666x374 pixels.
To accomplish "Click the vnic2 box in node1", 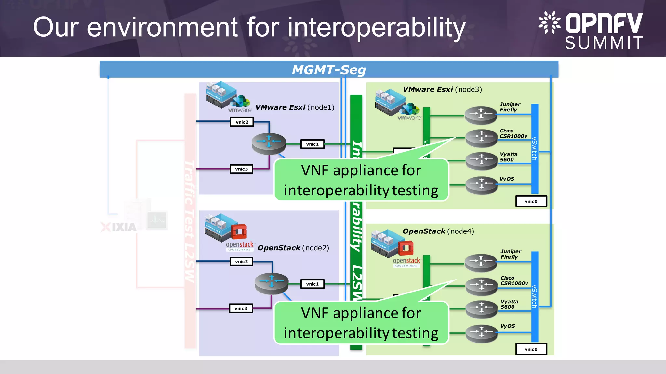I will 242,122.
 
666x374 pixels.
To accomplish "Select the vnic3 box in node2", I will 241,308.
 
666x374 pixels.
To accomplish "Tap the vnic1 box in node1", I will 312,144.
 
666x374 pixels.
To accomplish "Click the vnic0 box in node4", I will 531,349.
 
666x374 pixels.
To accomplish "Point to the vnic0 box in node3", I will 531,201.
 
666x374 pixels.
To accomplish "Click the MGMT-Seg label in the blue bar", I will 329,70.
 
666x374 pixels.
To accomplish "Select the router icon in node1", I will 269,143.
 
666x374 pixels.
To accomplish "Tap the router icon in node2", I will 272,283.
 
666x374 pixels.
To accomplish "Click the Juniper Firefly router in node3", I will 481,115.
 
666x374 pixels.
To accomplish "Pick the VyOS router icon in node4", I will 481,333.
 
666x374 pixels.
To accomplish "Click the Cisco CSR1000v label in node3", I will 513,133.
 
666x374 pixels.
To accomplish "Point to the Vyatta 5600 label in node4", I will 509,304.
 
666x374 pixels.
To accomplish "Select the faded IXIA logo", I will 119,227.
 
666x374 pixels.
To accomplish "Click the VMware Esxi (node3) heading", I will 442,89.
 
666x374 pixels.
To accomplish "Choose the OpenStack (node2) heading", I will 293,248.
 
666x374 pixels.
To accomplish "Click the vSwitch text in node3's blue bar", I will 534,149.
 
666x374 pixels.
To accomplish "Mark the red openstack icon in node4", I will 406,248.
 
